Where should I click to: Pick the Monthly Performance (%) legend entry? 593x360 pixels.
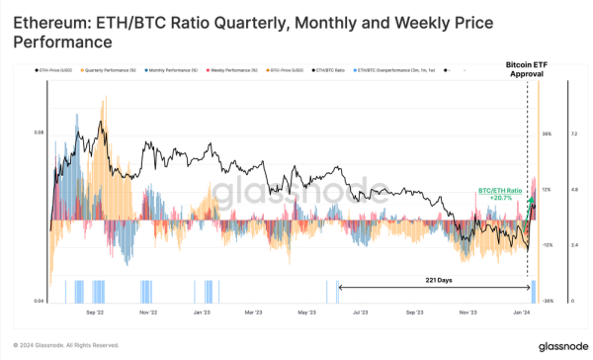coord(174,71)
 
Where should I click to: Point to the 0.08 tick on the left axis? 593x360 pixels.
coord(39,131)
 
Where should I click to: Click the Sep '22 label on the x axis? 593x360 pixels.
coord(96,311)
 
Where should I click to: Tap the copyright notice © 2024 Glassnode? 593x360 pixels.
coord(67,345)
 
